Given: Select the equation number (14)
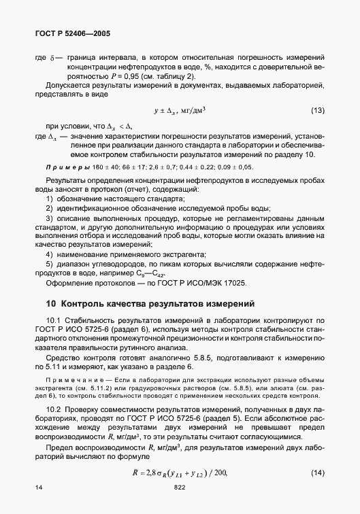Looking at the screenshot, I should (318, 453).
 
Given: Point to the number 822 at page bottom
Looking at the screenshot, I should (179, 488).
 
